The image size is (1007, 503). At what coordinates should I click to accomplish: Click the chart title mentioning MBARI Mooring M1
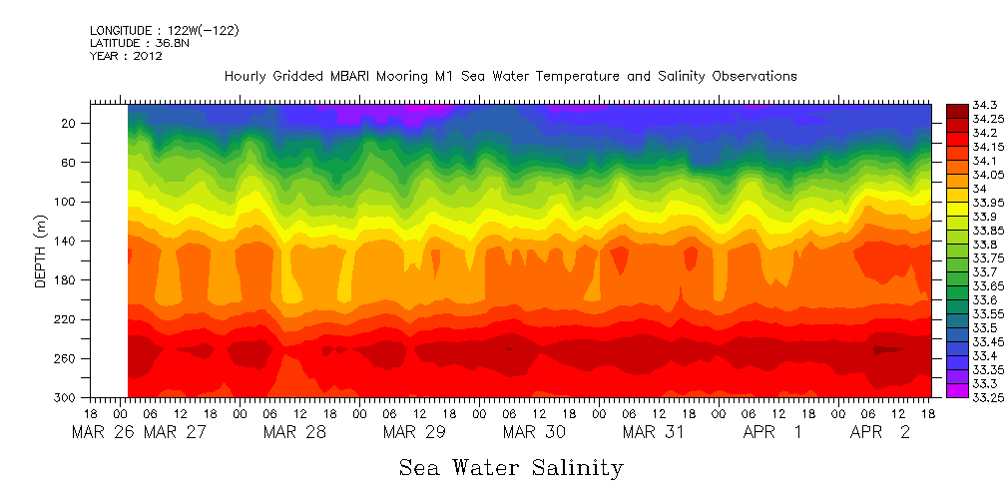click(x=510, y=76)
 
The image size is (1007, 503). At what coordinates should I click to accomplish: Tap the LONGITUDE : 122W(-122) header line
click(x=164, y=31)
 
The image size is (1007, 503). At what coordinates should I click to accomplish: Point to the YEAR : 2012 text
click(x=126, y=57)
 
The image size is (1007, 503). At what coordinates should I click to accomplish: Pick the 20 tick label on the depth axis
click(x=70, y=123)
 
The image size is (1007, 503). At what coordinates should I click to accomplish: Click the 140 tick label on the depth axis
click(x=67, y=241)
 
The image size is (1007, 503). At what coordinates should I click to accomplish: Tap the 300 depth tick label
click(x=67, y=397)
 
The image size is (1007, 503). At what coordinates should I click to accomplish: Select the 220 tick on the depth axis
click(x=67, y=319)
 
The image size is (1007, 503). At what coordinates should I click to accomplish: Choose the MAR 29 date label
click(x=414, y=434)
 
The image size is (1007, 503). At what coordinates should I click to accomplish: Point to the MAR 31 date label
click(x=654, y=434)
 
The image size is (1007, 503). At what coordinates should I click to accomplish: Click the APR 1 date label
click(x=772, y=434)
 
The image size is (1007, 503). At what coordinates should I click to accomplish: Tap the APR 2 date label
click(x=879, y=434)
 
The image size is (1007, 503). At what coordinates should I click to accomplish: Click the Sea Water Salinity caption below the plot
click(x=511, y=467)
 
